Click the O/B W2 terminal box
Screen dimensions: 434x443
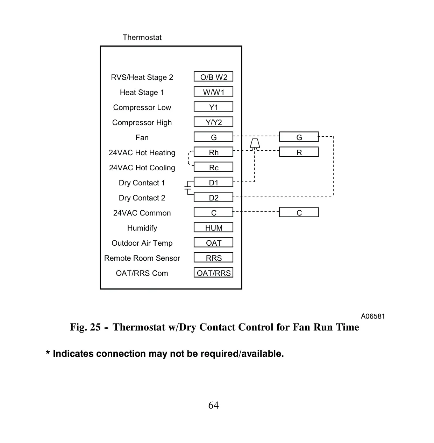(213, 76)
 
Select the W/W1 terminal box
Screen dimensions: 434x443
(213, 92)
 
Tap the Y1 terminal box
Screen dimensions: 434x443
(213, 107)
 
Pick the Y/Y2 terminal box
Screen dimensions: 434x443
(213, 122)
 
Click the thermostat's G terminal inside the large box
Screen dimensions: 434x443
(213, 137)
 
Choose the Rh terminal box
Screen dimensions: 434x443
(213, 152)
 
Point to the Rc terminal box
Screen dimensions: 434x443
(213, 167)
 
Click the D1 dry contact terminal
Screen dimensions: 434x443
(213, 182)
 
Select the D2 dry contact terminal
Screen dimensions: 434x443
(213, 197)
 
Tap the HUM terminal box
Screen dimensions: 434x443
(213, 227)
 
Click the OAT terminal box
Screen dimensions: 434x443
(213, 243)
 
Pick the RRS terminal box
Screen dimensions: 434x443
(213, 258)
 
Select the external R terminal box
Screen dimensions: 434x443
(299, 152)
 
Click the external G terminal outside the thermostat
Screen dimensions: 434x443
(299, 137)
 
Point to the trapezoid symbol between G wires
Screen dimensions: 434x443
(255, 143)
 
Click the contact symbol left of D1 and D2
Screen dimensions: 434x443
(188, 188)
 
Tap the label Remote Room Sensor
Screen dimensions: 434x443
(142, 258)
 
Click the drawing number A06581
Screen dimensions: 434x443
(373, 316)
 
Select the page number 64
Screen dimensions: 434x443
(213, 405)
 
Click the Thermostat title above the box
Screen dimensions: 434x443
(142, 37)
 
